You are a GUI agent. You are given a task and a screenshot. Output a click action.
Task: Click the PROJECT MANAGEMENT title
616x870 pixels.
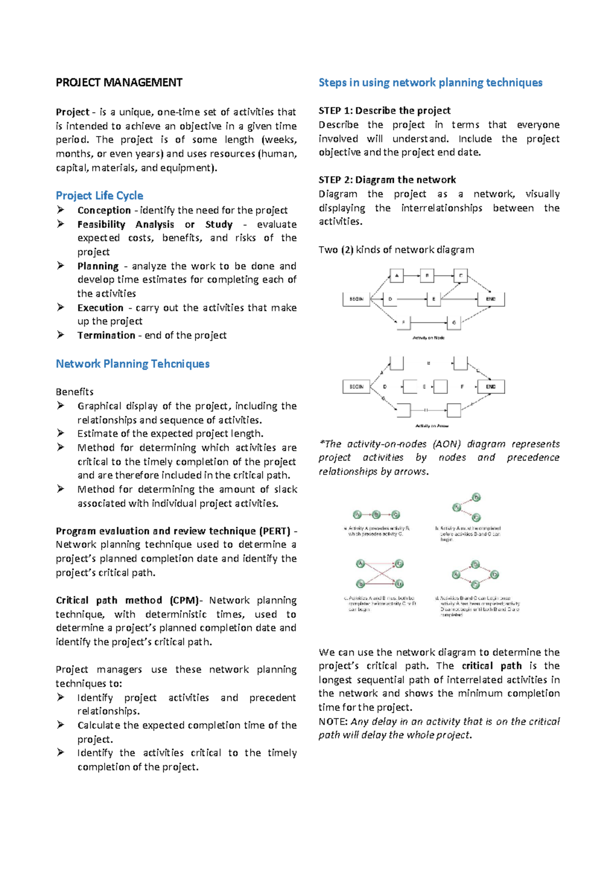pyautogui.click(x=119, y=83)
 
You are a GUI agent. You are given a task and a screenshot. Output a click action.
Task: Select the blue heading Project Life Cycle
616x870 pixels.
pyautogui.click(x=100, y=195)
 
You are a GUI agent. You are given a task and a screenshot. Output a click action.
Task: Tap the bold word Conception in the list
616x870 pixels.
pyautogui.click(x=104, y=210)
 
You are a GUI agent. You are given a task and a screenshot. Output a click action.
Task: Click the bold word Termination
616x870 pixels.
pyautogui.click(x=106, y=335)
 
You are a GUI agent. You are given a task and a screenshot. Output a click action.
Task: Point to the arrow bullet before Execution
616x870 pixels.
pyautogui.click(x=61, y=307)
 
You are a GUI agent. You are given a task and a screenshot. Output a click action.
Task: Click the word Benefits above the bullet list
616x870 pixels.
pyautogui.click(x=74, y=392)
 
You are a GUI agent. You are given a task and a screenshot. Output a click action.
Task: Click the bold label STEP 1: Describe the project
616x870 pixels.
pyautogui.click(x=384, y=111)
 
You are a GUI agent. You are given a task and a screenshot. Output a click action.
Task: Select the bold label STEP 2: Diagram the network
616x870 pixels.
pyautogui.click(x=387, y=180)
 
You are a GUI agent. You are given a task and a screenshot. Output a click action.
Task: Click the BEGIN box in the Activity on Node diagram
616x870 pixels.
pyautogui.click(x=356, y=299)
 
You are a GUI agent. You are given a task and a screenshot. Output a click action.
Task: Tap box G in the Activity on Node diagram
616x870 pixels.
pyautogui.click(x=454, y=323)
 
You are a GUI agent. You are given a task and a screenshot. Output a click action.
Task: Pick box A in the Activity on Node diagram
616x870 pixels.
pyautogui.click(x=397, y=275)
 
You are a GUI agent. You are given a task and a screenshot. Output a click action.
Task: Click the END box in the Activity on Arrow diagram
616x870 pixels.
pyautogui.click(x=491, y=387)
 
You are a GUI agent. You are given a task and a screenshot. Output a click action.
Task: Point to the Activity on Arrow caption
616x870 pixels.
pyautogui.click(x=432, y=426)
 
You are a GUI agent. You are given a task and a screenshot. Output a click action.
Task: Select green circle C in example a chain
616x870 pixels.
pyautogui.click(x=395, y=515)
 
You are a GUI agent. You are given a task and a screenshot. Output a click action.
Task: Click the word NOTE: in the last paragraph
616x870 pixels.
pyautogui.click(x=333, y=722)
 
